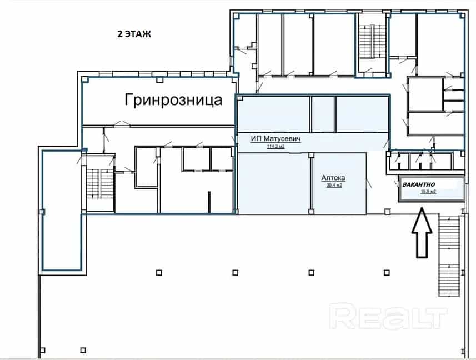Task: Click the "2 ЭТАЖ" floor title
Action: (134, 34)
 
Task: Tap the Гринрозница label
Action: (173, 100)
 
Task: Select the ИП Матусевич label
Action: (275, 139)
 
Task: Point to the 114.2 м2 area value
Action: (275, 147)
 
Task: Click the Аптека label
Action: (333, 178)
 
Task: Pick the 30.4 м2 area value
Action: (334, 185)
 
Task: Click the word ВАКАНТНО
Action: (419, 184)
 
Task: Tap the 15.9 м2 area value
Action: (428, 192)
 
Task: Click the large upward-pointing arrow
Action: (422, 233)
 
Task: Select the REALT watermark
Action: (388, 318)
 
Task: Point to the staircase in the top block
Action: (372, 42)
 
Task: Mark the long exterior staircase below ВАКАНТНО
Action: (449, 256)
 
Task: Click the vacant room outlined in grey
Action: (432, 188)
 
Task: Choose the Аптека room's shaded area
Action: (339, 183)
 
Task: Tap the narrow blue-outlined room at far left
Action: (62, 210)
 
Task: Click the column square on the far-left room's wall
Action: (42, 212)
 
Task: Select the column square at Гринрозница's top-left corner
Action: (86, 80)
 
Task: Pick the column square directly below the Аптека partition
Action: (311, 212)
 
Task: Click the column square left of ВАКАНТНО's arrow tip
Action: (387, 212)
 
